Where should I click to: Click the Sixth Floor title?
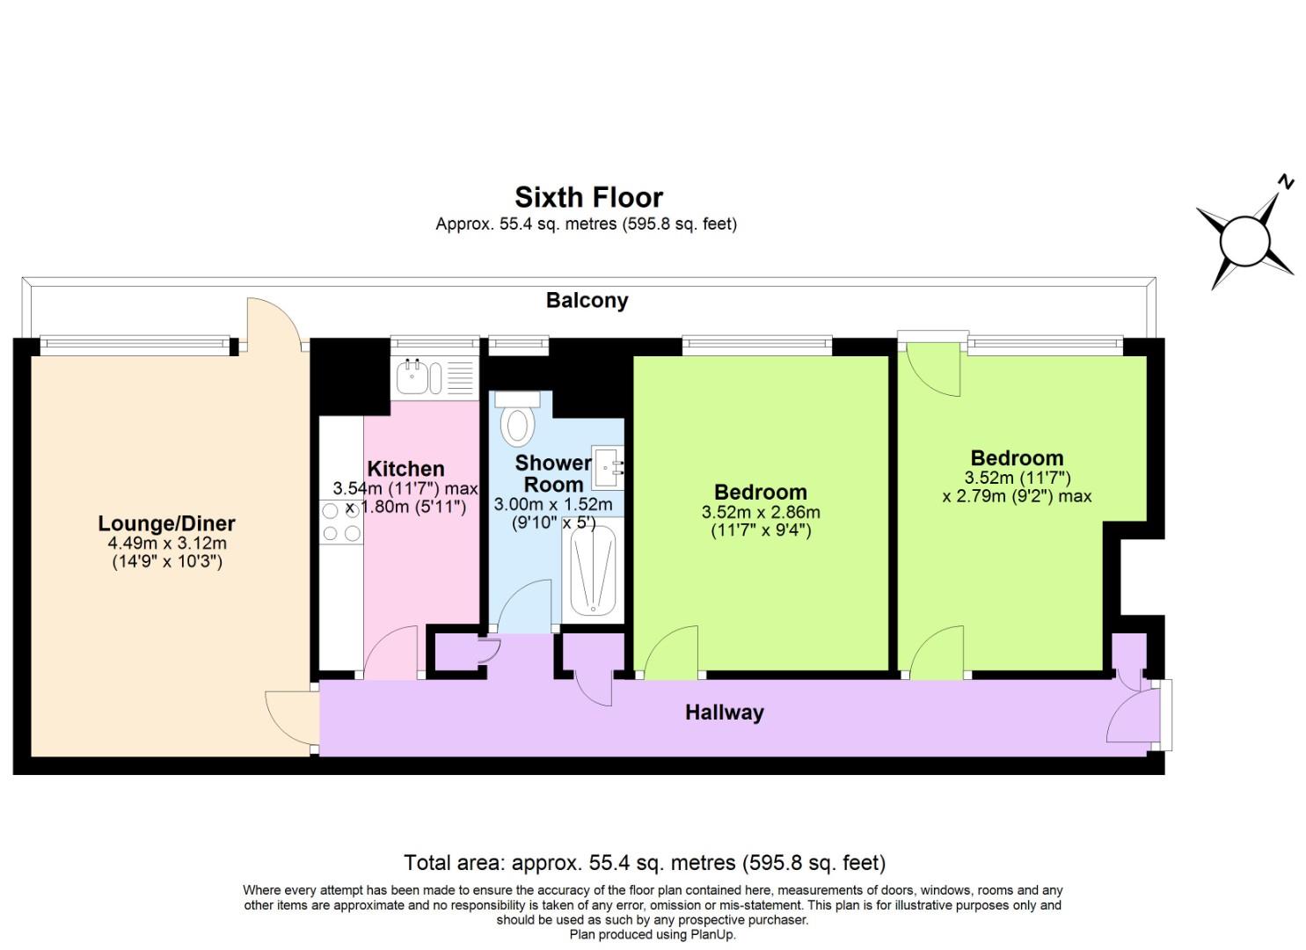point(588,196)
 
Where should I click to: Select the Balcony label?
point(587,300)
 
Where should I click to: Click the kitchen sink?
point(412,378)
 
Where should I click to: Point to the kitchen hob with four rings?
point(341,522)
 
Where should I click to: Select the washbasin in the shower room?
point(608,467)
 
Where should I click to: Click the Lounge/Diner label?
point(166,523)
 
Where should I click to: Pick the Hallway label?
point(724,712)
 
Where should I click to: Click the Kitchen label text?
point(405,469)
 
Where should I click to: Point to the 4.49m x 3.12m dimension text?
point(166,543)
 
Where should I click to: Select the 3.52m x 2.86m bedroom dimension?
point(760,512)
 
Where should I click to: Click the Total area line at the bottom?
point(644,862)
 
